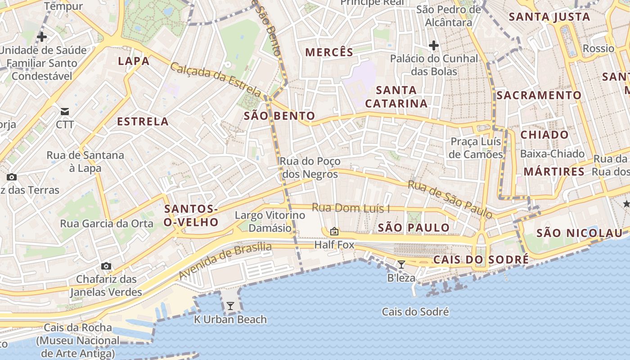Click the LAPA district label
(x=134, y=61)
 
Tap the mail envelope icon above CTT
(x=65, y=111)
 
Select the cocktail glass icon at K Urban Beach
(x=230, y=306)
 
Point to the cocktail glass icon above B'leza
(x=401, y=265)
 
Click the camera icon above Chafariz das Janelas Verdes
(x=106, y=266)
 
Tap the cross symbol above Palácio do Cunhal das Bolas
(x=434, y=45)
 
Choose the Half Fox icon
(x=334, y=232)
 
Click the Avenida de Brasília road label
(x=225, y=261)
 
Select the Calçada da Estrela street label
(x=215, y=80)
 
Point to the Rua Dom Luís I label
(x=351, y=208)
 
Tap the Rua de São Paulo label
(x=450, y=199)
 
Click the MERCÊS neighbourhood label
(x=329, y=52)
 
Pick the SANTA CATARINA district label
(x=396, y=97)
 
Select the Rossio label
(x=598, y=49)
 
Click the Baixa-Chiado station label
(x=552, y=154)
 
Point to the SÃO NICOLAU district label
(x=579, y=233)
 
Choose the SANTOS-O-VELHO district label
(x=191, y=216)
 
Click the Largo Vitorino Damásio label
(x=270, y=222)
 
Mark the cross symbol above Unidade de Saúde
(x=42, y=37)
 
